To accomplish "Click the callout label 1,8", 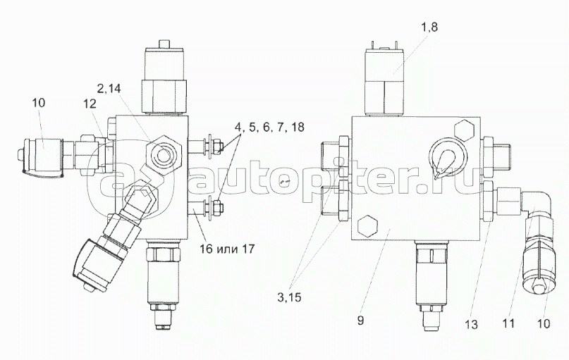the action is pyautogui.click(x=429, y=27).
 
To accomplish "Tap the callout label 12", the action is pyautogui.click(x=90, y=104).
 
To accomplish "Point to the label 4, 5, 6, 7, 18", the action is pyautogui.click(x=269, y=128).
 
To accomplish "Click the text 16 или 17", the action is pyautogui.click(x=226, y=249).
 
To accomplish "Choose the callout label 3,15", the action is pyautogui.click(x=289, y=297).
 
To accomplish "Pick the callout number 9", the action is pyautogui.click(x=360, y=321).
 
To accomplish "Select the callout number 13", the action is pyautogui.click(x=472, y=325).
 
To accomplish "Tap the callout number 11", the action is pyautogui.click(x=509, y=323).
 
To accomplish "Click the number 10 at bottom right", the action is pyautogui.click(x=543, y=323).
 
